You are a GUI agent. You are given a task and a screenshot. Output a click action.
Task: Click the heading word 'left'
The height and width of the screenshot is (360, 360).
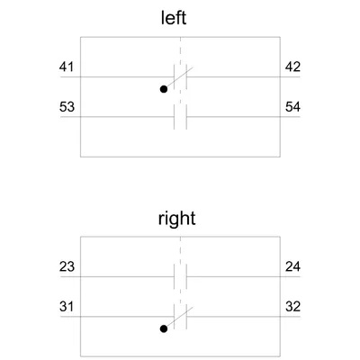pos(174,18)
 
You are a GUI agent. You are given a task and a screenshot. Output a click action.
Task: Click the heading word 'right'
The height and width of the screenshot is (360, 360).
pos(176,219)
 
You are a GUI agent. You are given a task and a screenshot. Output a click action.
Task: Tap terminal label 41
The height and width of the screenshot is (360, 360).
pos(67,67)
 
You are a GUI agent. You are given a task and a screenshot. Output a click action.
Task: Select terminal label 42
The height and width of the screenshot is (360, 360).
pos(292,67)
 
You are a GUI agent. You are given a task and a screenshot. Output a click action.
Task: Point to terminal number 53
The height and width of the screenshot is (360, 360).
pos(67,106)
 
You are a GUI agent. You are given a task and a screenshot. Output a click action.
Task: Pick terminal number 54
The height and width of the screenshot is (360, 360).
pos(292,106)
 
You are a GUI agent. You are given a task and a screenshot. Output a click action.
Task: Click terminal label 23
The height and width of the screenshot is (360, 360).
pos(67,266)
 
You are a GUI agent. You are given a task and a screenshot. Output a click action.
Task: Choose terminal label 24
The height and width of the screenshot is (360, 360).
pos(292,266)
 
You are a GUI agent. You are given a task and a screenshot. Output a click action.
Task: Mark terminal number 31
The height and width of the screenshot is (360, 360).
pos(67,307)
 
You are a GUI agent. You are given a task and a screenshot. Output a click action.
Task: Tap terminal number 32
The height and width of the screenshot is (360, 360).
pos(292,307)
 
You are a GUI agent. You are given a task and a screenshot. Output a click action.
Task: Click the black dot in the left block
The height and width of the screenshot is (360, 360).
pos(164,89)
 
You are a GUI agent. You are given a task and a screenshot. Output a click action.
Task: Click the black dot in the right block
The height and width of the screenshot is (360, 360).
pos(164,328)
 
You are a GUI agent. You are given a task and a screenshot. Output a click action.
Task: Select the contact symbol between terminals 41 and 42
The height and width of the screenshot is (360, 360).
pos(180,76)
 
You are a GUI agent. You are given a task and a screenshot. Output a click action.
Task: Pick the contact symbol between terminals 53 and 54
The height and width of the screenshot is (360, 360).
pos(180,117)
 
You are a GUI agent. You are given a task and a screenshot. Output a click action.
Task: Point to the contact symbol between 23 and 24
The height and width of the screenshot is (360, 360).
pos(180,276)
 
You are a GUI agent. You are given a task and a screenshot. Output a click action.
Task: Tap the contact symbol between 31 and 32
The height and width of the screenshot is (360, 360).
pos(180,317)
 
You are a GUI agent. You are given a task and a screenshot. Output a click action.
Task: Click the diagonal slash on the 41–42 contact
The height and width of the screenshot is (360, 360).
pos(179,77)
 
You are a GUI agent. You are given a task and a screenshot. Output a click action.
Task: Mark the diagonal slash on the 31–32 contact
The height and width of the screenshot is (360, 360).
pos(179,317)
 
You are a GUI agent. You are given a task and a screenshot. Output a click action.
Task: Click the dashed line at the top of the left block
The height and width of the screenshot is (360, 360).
pos(180,50)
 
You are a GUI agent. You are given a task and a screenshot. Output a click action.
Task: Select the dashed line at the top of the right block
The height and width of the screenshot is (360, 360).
pos(180,250)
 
